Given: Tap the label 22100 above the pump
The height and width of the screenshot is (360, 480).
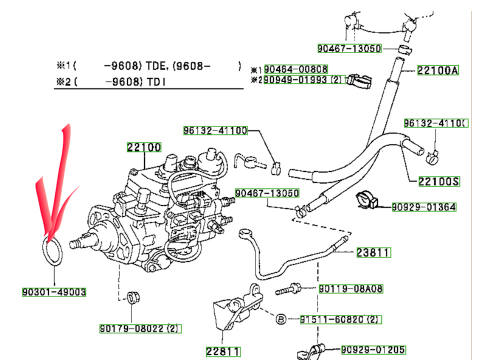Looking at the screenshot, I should pos(143,147).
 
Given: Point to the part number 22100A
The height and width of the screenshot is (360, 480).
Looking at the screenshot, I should pos(438,70).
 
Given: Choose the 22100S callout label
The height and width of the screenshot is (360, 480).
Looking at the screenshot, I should pos(439,181).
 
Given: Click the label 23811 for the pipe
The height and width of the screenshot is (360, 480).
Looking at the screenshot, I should pos(373,253).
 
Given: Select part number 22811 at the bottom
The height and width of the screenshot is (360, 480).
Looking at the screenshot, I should pos(222,351).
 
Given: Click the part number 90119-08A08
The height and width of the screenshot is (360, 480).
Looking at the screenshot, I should pos(351,288).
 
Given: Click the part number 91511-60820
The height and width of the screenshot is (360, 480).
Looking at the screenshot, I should pos(333,319).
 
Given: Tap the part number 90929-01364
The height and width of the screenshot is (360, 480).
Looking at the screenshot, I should pos(423,207).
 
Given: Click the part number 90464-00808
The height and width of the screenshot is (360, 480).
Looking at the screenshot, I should pos(296,69).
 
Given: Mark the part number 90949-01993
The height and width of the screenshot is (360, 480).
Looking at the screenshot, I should pos(296,80).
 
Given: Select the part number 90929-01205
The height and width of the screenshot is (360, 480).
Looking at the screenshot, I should pos(373,349).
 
